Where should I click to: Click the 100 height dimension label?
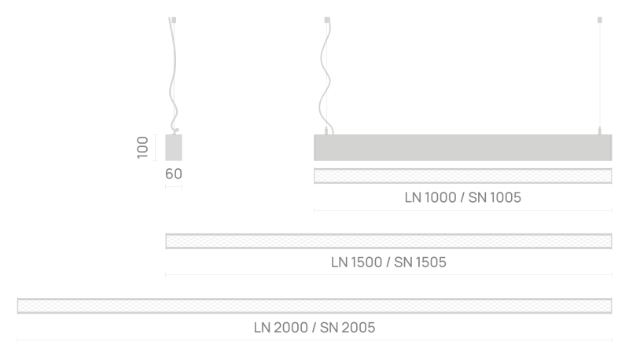point(142,148)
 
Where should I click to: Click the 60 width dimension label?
point(174,174)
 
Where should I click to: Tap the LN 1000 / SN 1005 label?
point(462,197)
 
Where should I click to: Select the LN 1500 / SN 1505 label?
point(388,263)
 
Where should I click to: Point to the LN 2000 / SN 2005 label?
point(314,328)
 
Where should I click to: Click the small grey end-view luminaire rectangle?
point(174,148)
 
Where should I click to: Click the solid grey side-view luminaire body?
point(462,148)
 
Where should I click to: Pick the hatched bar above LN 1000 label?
point(462,176)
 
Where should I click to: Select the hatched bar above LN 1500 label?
point(388,241)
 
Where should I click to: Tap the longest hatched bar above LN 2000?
point(314,306)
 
